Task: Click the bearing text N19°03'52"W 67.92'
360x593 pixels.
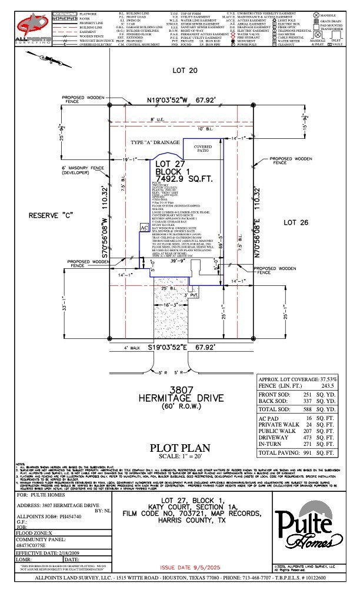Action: (x=181, y=101)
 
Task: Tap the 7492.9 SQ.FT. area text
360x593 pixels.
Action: (x=179, y=179)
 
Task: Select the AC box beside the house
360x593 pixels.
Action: (x=144, y=226)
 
